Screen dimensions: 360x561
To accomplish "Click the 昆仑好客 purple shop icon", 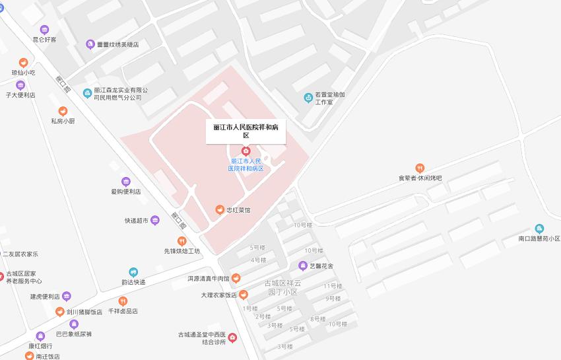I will pyautogui.click(x=44, y=30).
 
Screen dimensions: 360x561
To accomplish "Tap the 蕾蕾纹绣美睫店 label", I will pyautogui.click(x=122, y=44).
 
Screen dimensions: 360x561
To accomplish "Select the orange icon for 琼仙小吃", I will pyautogui.click(x=23, y=63).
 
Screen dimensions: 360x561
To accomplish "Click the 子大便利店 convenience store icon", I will pyautogui.click(x=20, y=85).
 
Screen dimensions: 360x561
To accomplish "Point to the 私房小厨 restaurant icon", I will pyautogui.click(x=63, y=111).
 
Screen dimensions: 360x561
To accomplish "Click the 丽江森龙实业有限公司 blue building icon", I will pyautogui.click(x=87, y=93).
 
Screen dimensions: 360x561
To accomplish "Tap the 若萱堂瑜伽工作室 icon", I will pyautogui.click(x=308, y=98).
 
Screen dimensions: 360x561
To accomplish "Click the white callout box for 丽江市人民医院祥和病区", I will pyautogui.click(x=246, y=130).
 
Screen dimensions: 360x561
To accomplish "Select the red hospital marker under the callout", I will pyautogui.click(x=246, y=151).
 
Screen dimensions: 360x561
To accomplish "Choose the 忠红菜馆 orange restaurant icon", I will pyautogui.click(x=220, y=210).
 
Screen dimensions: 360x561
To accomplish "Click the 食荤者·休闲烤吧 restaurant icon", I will pyautogui.click(x=420, y=168).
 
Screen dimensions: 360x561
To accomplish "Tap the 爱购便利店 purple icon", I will pyautogui.click(x=126, y=182).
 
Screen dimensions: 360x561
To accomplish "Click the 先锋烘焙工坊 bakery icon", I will pyautogui.click(x=181, y=241).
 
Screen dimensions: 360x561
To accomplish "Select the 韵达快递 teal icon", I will pyautogui.click(x=133, y=272).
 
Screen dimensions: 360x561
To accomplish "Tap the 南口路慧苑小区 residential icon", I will pyautogui.click(x=539, y=229).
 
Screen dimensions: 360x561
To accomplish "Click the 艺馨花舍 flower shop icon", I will pyautogui.click(x=303, y=266).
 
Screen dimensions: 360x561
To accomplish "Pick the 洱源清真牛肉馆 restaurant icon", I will pyautogui.click(x=236, y=278).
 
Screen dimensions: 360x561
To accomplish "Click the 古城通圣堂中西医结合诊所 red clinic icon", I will pyautogui.click(x=232, y=338).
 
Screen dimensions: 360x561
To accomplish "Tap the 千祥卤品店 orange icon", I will pyautogui.click(x=123, y=301).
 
